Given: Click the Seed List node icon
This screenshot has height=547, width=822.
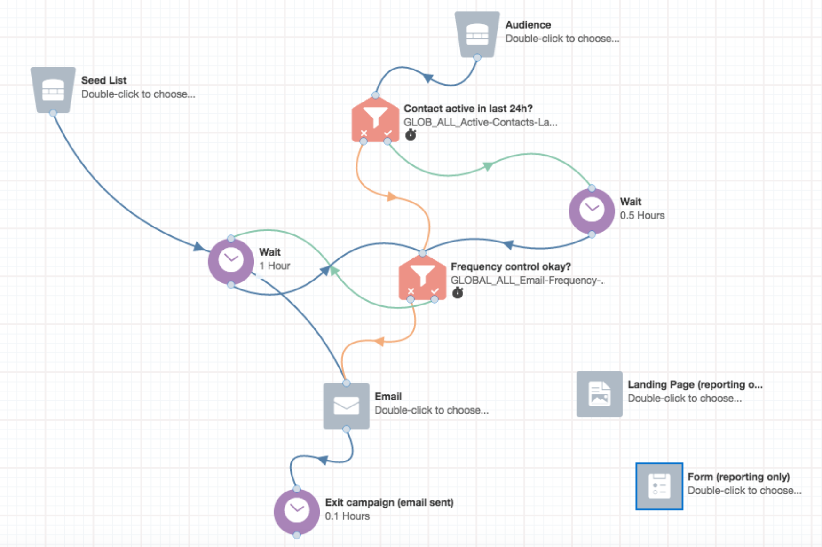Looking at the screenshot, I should coord(53,89).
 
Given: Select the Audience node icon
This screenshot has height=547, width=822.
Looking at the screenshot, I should coord(477,34).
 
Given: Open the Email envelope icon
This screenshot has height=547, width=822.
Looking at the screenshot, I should coord(346,406).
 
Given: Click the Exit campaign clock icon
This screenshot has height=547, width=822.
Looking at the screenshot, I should coord(297,511).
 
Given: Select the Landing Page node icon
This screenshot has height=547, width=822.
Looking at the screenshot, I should coord(599,394).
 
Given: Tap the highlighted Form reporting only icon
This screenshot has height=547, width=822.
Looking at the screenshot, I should coord(659,486).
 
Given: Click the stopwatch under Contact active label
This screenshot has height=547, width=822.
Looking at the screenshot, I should coord(411,135).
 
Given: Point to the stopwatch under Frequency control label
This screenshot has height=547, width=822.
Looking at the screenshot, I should coord(458,293).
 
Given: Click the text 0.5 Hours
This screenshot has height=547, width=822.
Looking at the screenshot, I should coord(642,215).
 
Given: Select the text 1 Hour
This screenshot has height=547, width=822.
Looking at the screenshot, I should coord(275,266).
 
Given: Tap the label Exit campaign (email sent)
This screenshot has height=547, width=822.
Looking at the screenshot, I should coord(389,502).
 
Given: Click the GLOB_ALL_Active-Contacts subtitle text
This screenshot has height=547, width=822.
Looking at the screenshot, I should coord(480,122).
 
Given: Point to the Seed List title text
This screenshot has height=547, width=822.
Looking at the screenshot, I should coord(104,80).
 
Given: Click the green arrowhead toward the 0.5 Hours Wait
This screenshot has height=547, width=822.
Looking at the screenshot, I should coord(488,166).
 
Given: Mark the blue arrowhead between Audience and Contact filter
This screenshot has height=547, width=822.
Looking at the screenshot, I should coord(427,78).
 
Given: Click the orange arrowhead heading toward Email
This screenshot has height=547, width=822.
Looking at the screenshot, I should coord(379,341).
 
